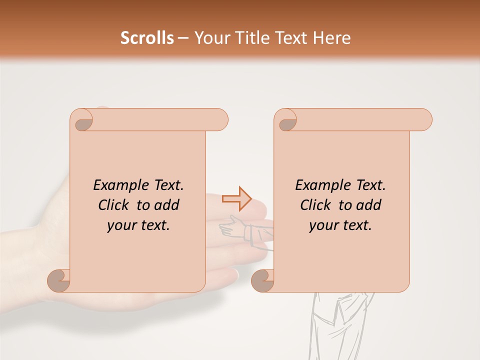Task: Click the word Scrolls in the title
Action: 147,38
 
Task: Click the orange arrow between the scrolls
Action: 236,198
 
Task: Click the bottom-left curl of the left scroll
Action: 59,280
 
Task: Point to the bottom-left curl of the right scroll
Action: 262,280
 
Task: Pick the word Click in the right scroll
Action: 316,205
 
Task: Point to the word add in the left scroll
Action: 167,205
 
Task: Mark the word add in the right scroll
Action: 369,205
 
